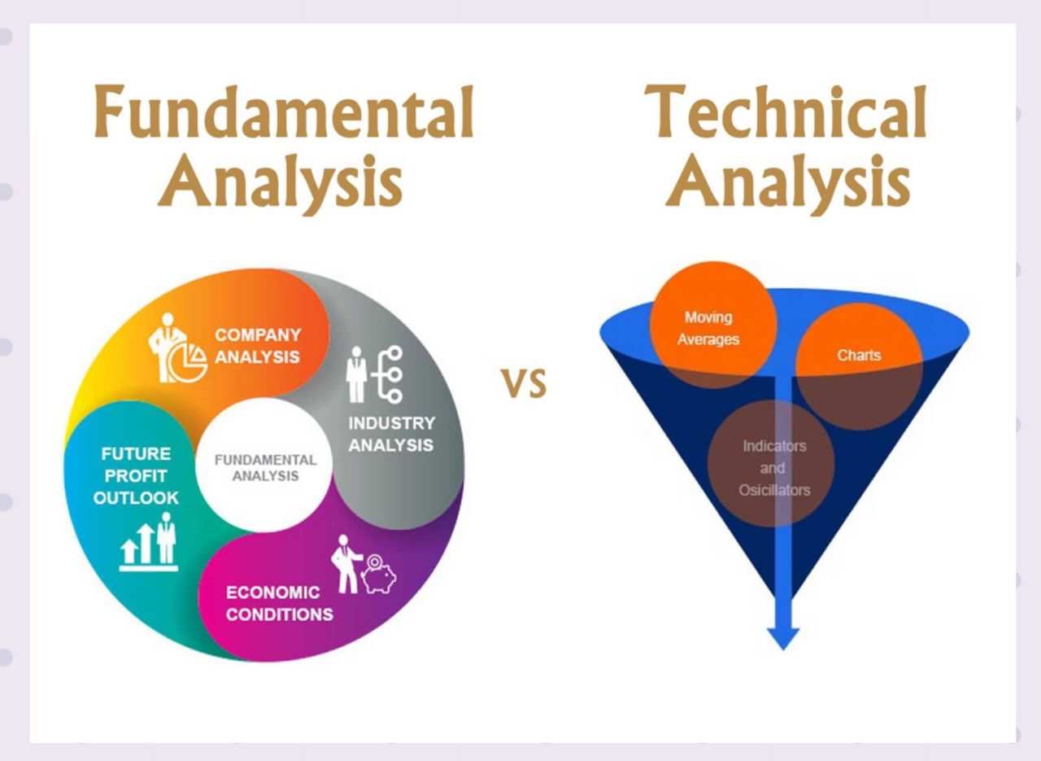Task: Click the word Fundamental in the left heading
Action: coord(284,112)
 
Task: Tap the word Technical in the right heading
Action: coord(785,112)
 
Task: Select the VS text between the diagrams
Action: coord(525,383)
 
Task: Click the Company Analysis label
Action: coord(258,346)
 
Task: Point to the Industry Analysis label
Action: coord(391,434)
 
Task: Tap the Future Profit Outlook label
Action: coord(136,476)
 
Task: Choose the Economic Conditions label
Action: coord(279,604)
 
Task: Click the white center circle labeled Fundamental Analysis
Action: coord(264,466)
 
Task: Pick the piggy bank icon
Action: coord(379,575)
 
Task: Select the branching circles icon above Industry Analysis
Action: coord(390,374)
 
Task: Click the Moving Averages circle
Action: coord(713,325)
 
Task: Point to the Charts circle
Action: coord(859,366)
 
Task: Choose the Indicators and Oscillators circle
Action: coord(771,464)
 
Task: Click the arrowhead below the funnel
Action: coord(783,638)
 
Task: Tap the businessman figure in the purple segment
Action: coord(346,564)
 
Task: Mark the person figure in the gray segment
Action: coord(357,374)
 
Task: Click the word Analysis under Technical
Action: coord(787,184)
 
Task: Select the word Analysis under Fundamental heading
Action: coord(280,184)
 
